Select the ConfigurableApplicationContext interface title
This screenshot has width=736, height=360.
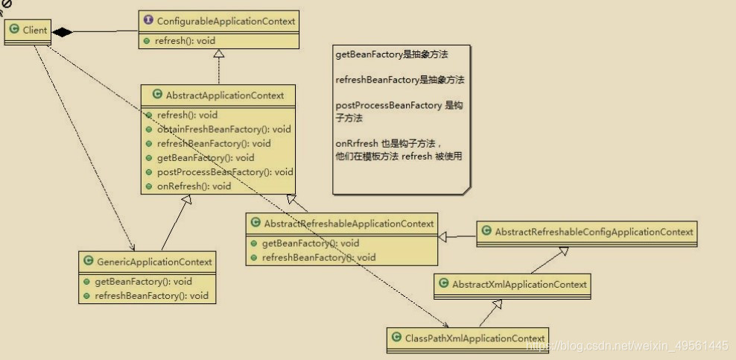(x=226, y=21)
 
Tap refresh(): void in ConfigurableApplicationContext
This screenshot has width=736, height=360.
(x=186, y=40)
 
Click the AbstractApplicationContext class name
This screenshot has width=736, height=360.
(x=224, y=95)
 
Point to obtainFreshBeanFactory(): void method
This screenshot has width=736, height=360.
(x=224, y=129)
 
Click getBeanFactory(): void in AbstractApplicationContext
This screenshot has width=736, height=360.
(x=206, y=157)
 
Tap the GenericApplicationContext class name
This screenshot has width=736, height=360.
(x=154, y=262)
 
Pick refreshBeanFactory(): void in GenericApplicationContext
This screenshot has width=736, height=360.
(x=151, y=296)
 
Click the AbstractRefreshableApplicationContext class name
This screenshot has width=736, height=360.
(x=349, y=224)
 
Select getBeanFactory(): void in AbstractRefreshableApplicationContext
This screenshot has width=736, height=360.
(x=311, y=243)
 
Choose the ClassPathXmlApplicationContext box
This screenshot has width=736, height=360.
(x=469, y=338)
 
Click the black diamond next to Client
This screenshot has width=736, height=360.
(x=62, y=31)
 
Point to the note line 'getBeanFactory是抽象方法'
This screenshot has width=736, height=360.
(x=392, y=54)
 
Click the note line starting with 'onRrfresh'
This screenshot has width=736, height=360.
(x=388, y=144)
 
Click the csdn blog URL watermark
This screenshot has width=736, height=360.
(x=626, y=346)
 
